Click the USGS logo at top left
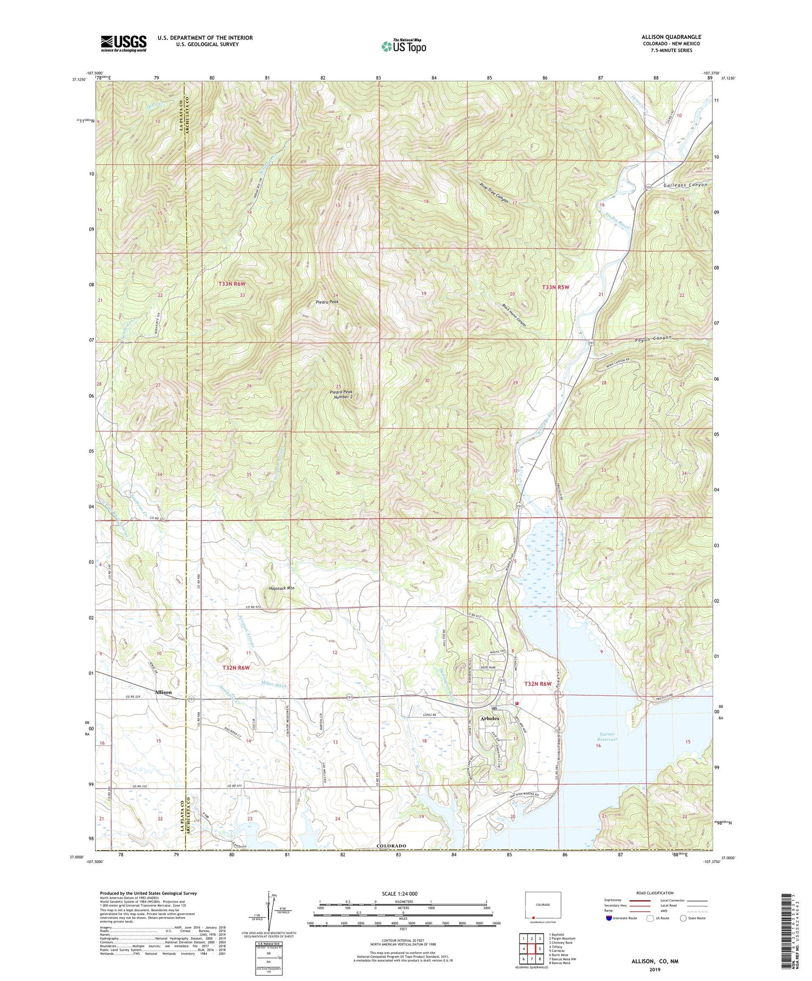(123, 43)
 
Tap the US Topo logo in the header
(403, 46)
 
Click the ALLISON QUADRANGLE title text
(671, 37)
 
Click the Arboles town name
(490, 718)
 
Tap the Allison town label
(163, 692)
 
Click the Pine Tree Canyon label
(494, 192)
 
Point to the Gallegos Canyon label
(683, 185)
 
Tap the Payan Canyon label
(652, 338)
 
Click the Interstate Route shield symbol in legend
(609, 918)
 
